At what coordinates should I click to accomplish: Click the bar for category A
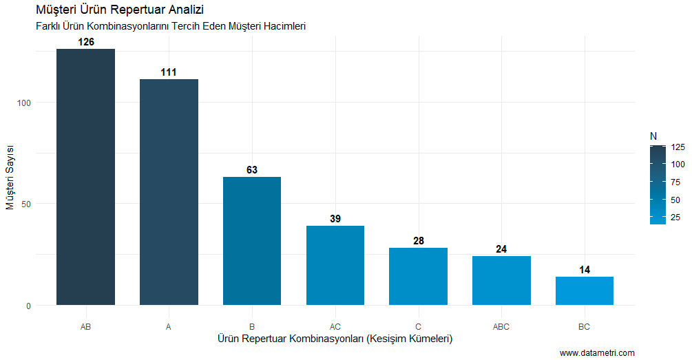[169, 192]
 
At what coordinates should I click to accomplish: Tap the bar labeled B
[252, 241]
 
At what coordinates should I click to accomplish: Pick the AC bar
[335, 266]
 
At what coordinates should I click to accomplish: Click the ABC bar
[501, 281]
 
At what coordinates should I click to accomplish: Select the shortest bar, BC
[585, 291]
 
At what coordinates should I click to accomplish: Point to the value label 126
[85, 42]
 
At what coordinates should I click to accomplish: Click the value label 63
[252, 170]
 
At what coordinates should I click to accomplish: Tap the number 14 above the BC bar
[585, 270]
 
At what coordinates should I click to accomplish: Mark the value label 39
[335, 219]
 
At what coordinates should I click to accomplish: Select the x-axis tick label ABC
[501, 327]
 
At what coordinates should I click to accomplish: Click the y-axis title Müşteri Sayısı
[10, 178]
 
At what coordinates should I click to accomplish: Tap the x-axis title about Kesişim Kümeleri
[335, 339]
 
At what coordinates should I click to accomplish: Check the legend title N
[653, 136]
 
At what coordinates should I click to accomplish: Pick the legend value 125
[676, 147]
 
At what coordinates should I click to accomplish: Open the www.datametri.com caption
[597, 353]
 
